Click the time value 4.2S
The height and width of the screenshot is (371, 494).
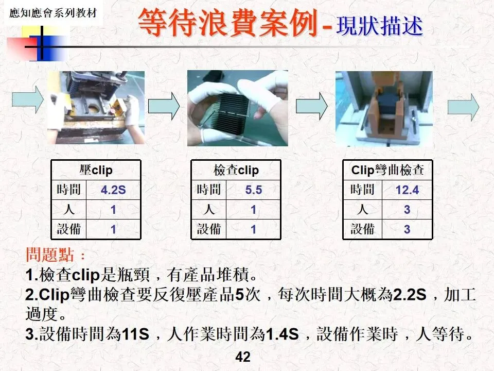(113, 190)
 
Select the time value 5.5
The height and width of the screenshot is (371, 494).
(254, 190)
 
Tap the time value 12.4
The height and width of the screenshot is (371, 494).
(407, 190)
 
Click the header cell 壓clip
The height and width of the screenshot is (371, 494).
(96, 171)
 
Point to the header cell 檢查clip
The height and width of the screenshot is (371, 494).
(236, 171)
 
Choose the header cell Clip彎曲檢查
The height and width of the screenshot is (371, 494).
(387, 171)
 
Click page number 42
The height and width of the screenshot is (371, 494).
(243, 357)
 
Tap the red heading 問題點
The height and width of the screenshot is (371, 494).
(50, 255)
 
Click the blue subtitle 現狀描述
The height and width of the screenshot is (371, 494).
(380, 26)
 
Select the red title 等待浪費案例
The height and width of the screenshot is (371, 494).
(228, 22)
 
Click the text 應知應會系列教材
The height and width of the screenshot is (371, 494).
(53, 13)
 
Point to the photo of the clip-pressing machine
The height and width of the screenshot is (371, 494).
(96, 108)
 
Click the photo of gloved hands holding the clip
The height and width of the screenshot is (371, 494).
(238, 108)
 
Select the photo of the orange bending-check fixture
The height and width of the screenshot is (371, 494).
(384, 109)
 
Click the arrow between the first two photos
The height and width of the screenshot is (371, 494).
(164, 106)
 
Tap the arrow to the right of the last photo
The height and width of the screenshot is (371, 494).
(463, 107)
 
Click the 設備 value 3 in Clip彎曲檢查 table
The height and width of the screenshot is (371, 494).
(407, 229)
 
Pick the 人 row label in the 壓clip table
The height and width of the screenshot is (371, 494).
(68, 210)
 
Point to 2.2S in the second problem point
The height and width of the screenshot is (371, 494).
(410, 295)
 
